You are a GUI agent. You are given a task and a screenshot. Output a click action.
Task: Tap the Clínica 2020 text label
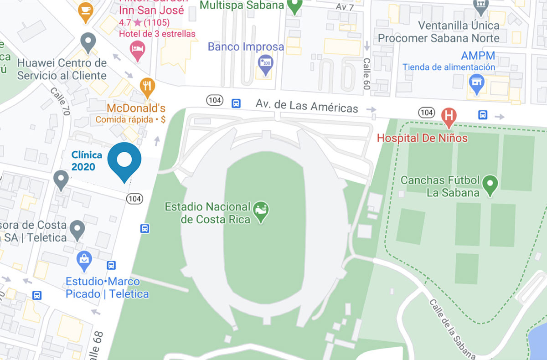87,161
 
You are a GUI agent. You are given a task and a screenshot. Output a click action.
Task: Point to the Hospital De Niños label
422,138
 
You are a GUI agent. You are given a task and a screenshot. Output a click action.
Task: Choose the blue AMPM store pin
477,84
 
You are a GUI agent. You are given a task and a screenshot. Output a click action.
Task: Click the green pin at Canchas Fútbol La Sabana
490,185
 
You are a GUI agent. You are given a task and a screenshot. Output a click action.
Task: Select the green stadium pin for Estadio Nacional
261,211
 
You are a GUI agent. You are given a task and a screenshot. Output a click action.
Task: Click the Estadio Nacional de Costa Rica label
207,213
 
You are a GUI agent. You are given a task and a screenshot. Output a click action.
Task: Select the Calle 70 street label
60,101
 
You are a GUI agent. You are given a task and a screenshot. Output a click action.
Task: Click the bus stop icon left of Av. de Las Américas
236,103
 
